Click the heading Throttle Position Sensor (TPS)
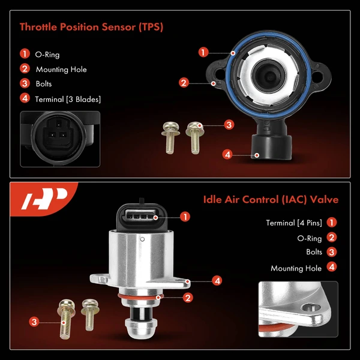pyautogui.click(x=92, y=27)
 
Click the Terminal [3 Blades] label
pyautogui.click(x=68, y=98)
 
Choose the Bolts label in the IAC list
pyautogui.click(x=314, y=253)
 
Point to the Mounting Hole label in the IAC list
pyautogui.click(x=296, y=268)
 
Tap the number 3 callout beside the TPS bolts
pyautogui.click(x=229, y=125)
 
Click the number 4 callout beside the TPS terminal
pyautogui.click(x=227, y=154)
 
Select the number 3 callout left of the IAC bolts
pyautogui.click(x=34, y=322)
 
